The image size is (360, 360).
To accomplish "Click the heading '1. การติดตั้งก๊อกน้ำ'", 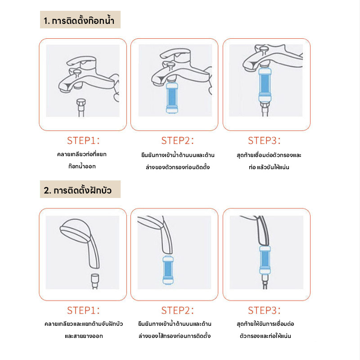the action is coord(79,20).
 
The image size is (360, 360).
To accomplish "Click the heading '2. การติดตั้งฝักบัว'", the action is coord(77,190).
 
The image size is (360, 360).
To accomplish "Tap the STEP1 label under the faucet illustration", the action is coord(83,140).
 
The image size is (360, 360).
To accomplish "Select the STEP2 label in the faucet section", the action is coord(177,140).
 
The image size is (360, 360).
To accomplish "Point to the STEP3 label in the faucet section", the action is coord(264,140).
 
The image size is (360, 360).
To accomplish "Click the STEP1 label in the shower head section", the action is coord(83,310).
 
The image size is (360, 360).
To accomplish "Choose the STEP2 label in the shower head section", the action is coord(177,310).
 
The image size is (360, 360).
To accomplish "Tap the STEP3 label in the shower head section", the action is coord(264,310).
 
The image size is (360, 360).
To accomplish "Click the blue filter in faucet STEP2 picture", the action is coord(172,98).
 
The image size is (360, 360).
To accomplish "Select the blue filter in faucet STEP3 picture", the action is coord(265,85).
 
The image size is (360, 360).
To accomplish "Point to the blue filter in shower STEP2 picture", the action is coord(168,270).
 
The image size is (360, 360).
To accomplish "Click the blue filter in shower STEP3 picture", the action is coord(265,260).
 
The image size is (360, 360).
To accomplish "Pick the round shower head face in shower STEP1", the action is coord(75,232).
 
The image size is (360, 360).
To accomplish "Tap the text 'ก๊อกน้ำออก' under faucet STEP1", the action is coord(82,166).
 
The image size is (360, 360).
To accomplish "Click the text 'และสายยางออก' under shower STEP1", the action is coord(84,336).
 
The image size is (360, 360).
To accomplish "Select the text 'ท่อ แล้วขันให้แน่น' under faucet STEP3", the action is coord(269,167).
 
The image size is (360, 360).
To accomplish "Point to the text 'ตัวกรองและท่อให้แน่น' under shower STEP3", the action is coord(265,336).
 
